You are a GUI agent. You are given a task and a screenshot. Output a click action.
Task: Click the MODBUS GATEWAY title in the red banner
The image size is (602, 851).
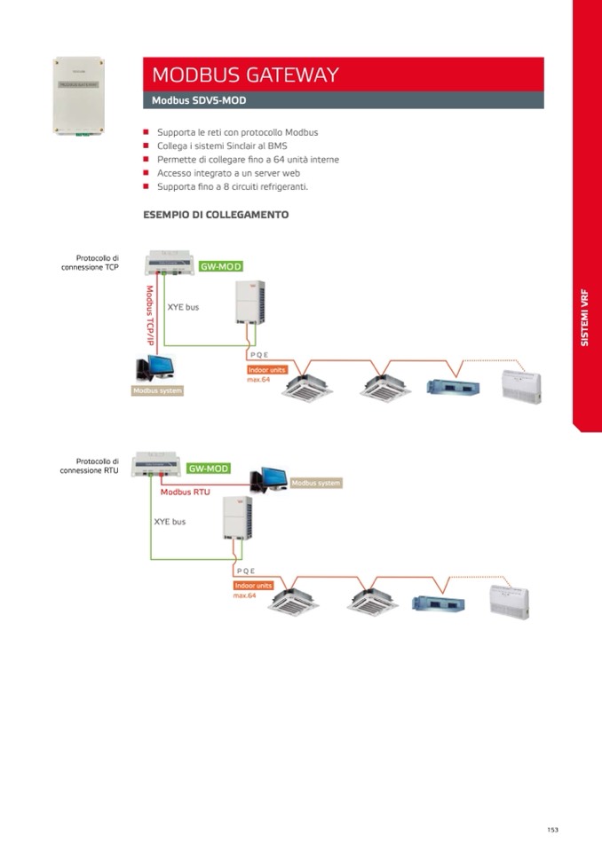245,75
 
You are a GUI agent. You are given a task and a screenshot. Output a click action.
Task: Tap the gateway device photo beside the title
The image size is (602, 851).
79,96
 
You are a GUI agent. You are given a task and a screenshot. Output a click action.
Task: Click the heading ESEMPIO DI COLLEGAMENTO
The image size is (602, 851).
216,215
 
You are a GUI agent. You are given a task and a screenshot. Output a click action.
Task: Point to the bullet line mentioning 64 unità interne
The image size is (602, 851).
248,160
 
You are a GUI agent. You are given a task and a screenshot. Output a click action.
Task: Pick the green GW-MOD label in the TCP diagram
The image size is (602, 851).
221,266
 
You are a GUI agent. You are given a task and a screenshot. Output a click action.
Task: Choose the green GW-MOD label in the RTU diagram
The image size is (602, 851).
209,468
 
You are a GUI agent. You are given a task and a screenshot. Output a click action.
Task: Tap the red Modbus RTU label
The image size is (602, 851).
185,492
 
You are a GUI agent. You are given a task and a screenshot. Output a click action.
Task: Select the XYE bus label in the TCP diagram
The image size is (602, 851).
183,307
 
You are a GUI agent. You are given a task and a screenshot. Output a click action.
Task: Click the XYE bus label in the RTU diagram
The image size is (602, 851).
170,522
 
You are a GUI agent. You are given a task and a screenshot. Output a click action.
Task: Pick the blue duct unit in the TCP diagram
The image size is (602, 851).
454,387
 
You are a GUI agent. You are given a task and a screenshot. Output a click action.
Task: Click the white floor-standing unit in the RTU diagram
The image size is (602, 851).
510,601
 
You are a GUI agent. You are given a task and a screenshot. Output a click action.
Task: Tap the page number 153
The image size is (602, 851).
552,830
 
